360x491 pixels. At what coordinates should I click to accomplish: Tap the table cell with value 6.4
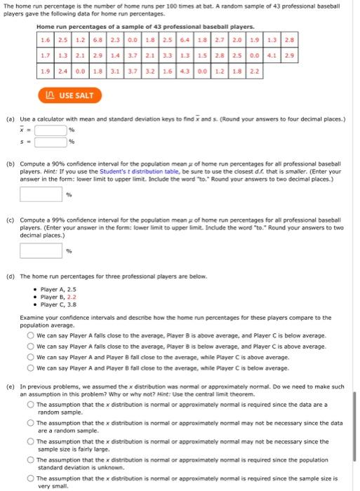(x=187, y=37)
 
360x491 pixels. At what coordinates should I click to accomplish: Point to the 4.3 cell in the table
(x=186, y=71)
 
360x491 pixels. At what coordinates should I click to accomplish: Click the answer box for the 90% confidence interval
(x=41, y=195)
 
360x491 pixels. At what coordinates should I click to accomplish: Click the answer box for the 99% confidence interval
(x=41, y=250)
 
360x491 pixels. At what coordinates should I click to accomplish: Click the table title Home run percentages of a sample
(x=135, y=26)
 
